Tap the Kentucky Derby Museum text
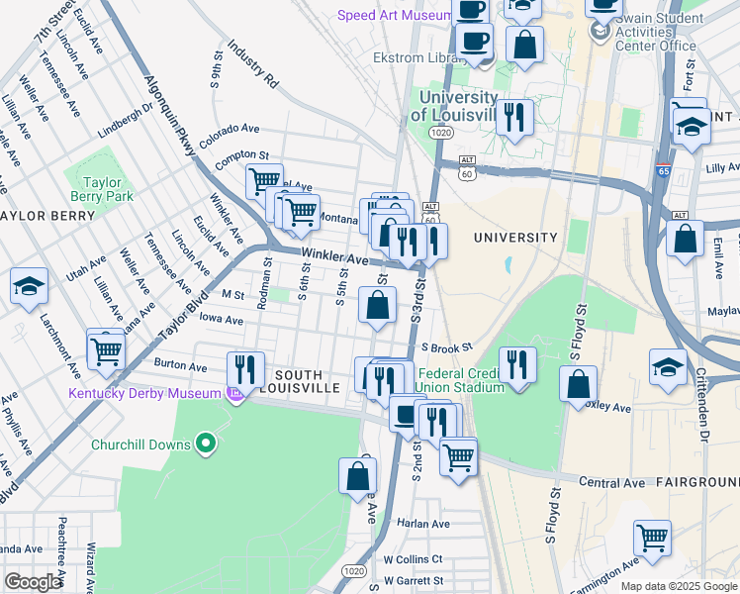[144, 394]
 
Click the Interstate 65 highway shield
[663, 170]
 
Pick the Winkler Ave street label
[335, 256]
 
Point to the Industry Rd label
[253, 61]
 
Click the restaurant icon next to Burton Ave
[245, 370]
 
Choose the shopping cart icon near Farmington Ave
[652, 539]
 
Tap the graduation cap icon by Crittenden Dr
[669, 365]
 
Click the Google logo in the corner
[33, 582]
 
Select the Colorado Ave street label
[229, 135]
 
